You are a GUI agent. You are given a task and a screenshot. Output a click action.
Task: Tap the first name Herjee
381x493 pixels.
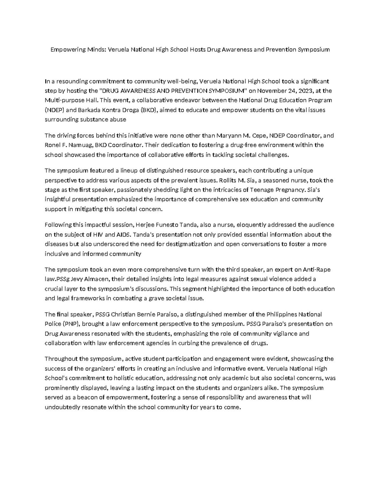145,225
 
